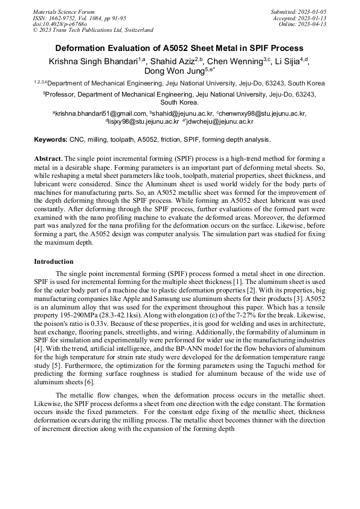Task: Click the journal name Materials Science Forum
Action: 64,11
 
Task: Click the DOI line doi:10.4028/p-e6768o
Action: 59,24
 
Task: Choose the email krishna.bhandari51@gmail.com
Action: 101,113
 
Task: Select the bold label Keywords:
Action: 50,140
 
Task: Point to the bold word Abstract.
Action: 48,159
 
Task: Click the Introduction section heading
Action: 54,262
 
